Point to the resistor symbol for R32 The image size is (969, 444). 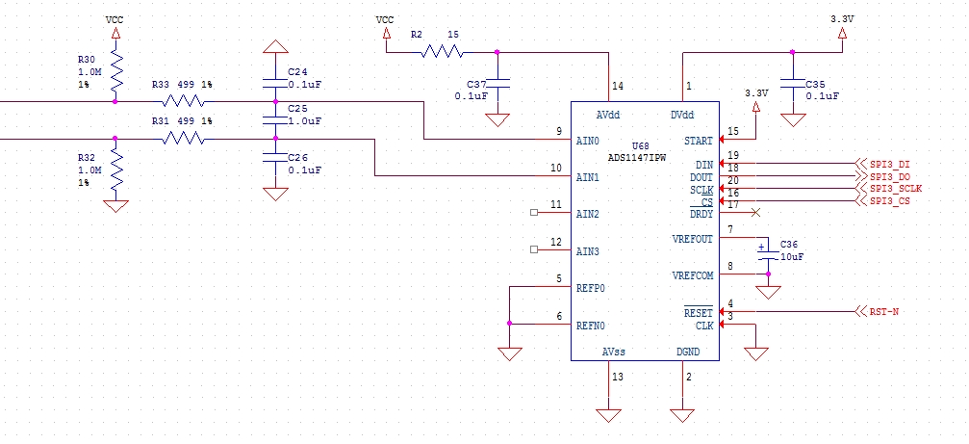tap(116, 170)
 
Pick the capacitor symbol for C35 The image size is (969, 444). tap(793, 82)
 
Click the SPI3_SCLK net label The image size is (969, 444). tap(896, 189)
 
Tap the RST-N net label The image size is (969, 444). tap(884, 312)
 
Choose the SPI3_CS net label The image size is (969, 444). tap(889, 200)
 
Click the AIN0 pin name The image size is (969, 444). tap(587, 141)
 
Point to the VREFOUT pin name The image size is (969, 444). tap(692, 239)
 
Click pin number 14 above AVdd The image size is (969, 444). tap(617, 87)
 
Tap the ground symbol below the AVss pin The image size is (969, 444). tap(608, 414)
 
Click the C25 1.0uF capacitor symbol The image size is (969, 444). tap(276, 120)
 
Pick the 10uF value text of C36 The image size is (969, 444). tap(791, 257)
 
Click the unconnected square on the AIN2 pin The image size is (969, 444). tap(535, 213)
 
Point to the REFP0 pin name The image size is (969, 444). tap(591, 288)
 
